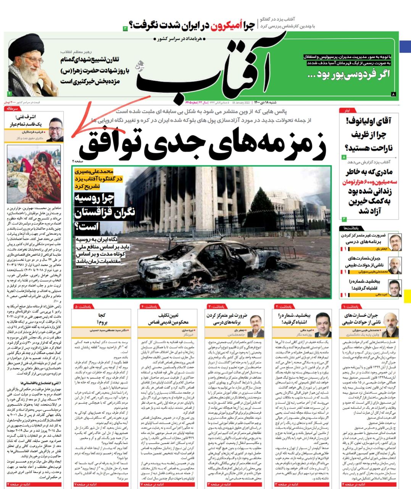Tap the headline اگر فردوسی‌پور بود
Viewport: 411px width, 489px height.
point(351,74)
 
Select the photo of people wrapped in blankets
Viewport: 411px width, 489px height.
point(34,174)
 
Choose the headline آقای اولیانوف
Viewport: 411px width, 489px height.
point(368,122)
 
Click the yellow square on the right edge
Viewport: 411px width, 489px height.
point(407,296)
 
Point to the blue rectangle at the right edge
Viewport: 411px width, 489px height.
point(405,46)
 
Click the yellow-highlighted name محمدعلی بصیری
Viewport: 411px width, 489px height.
point(97,172)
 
